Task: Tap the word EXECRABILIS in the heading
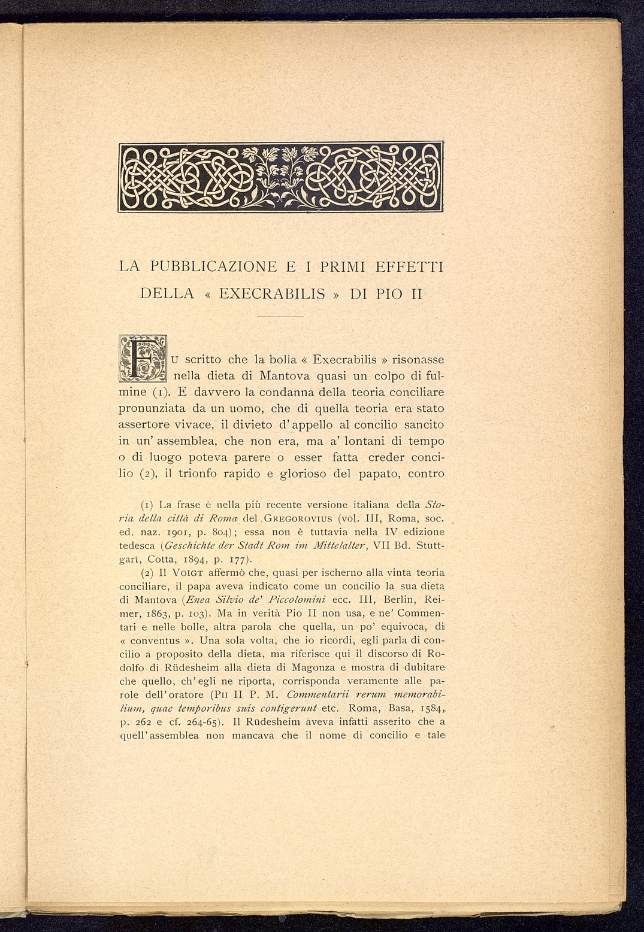(x=272, y=295)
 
